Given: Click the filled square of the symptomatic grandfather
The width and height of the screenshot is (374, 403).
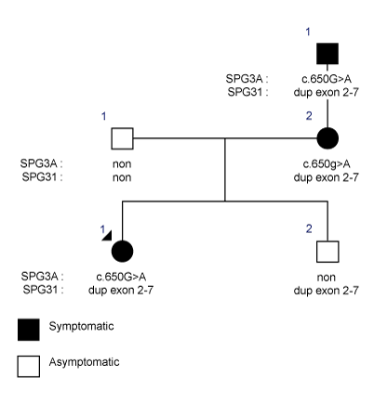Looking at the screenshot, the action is pos(327,54).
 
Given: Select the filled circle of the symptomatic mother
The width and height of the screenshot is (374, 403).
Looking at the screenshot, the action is pos(327,138).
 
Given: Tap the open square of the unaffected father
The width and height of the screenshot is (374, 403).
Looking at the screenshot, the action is pos(122,138).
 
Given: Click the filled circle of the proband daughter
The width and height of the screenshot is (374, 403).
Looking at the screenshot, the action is pos(122,251).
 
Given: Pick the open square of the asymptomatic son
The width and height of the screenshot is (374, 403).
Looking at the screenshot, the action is pos(327,252).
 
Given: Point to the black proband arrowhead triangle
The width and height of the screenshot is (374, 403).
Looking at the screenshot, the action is pos(108,237).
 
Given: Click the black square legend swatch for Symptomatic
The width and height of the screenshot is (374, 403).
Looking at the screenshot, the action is pos(29,330).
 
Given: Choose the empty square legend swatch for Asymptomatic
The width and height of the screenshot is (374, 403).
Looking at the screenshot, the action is pos(29,366).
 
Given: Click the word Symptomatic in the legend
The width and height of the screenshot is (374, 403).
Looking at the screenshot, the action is pos(81,326).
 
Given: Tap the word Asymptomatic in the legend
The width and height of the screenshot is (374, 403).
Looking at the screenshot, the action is pos(84,362).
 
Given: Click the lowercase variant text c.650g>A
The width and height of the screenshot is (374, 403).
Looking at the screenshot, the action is pos(327,163).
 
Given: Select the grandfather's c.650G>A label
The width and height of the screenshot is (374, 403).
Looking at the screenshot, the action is pos(327,79).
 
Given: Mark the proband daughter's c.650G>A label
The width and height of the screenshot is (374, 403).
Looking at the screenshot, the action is pos(121,277).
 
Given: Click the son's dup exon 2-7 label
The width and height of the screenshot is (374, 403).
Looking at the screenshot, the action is pos(326,291).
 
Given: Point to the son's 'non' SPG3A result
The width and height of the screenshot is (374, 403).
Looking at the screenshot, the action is pos(327,278).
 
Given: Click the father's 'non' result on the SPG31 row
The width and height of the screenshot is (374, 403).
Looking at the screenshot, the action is pos(122,177).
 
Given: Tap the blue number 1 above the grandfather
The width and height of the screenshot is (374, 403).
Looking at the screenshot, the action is pos(308,32).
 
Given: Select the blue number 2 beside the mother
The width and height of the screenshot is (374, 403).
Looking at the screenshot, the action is pos(309,116).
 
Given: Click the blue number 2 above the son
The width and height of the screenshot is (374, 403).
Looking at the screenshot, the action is pos(309,228).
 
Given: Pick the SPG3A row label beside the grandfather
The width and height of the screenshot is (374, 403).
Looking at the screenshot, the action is pos(247,79).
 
